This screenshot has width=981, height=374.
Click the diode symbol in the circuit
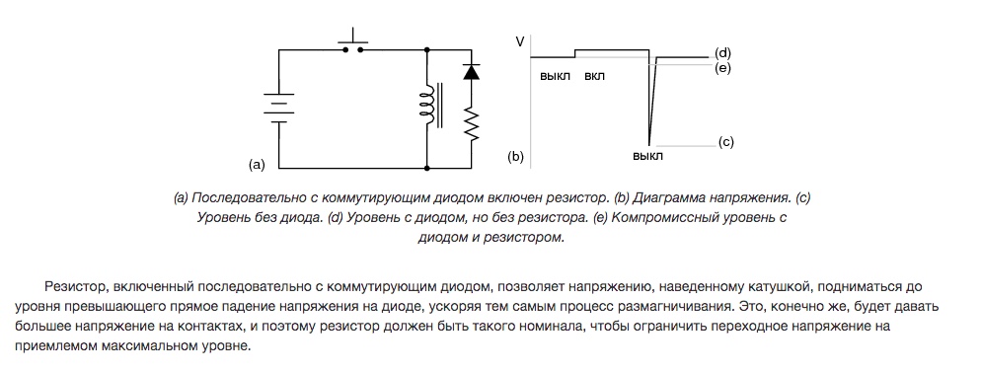pyautogui.click(x=471, y=71)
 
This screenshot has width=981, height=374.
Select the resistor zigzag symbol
pyautogui.click(x=471, y=123)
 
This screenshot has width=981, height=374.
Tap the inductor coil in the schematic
pyautogui.click(x=427, y=105)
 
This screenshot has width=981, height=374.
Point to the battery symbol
pyautogui.click(x=279, y=108)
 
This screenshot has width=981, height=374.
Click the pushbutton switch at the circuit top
pyautogui.click(x=353, y=41)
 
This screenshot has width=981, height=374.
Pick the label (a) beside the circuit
pyautogui.click(x=258, y=165)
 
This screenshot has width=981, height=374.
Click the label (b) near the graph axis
pyautogui.click(x=515, y=156)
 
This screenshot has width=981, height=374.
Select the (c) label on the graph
pyautogui.click(x=725, y=142)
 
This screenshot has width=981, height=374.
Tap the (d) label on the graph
pyautogui.click(x=723, y=53)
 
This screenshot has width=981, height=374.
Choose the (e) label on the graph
pyautogui.click(x=723, y=68)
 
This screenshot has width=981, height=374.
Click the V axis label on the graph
pyautogui.click(x=520, y=41)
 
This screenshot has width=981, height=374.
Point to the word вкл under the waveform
pyautogui.click(x=594, y=77)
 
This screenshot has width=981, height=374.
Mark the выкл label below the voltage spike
pyautogui.click(x=647, y=156)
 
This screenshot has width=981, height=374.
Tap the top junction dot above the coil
pyautogui.click(x=427, y=49)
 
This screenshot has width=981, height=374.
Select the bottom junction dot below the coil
pyautogui.click(x=427, y=168)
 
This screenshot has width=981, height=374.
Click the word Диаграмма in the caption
pyautogui.click(x=667, y=198)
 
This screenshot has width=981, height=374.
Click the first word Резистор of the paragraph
pyautogui.click(x=70, y=288)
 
